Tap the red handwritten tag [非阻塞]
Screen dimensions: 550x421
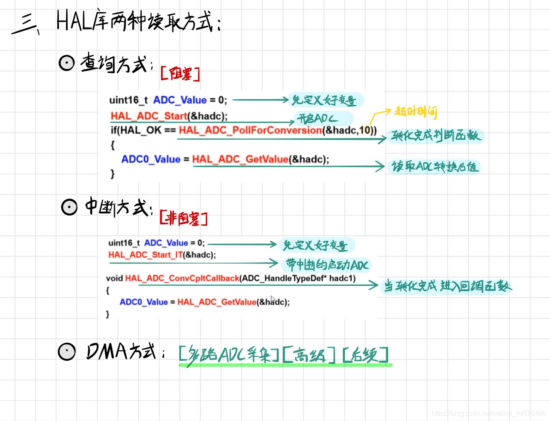pos(184,218)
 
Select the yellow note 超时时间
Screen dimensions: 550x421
pos(416,112)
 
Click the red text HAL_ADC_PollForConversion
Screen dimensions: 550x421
pos(250,131)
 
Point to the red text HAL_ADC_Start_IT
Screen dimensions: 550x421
pos(145,255)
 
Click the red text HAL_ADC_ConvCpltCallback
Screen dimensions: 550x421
pos(182,278)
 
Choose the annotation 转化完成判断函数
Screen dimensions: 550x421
pos(435,136)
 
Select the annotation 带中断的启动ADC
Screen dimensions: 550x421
pos(327,265)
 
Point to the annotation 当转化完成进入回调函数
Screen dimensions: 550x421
pos(447,286)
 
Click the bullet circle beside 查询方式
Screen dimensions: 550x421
pos(67,63)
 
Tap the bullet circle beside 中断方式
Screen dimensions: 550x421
pos(69,207)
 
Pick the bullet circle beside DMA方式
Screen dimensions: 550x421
pos(67,352)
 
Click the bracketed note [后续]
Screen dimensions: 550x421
pos(365,355)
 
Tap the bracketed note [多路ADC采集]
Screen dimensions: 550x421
pos(229,355)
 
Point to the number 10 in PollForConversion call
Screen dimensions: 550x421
pos(364,131)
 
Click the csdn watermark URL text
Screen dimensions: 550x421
pos(489,413)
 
